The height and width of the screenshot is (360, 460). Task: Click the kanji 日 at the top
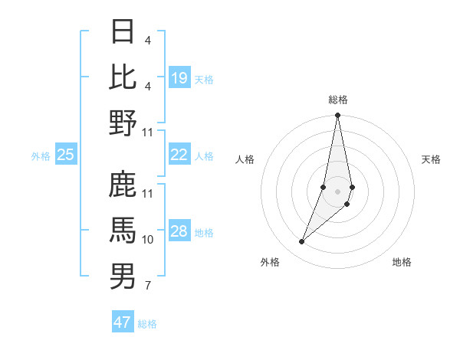(123, 33)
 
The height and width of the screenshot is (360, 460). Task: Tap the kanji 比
(123, 77)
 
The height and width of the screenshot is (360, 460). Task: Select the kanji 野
(123, 123)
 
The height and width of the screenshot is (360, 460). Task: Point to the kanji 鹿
(123, 185)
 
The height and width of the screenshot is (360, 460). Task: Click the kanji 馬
(123, 231)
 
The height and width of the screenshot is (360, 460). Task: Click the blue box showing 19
(179, 77)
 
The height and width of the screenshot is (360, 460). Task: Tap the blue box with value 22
(179, 155)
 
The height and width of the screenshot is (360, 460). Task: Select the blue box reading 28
(179, 231)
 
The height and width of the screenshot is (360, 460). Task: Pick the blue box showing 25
(66, 155)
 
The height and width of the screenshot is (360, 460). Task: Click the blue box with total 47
(123, 322)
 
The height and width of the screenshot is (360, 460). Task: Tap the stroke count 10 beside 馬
(148, 240)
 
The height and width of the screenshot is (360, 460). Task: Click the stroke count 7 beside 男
(148, 286)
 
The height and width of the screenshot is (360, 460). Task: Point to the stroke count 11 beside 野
(148, 133)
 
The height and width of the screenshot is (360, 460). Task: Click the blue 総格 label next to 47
(147, 324)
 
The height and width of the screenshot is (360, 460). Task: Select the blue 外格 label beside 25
(41, 156)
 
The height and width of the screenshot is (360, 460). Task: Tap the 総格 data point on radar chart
(337, 116)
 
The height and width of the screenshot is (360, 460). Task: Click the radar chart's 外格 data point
(302, 242)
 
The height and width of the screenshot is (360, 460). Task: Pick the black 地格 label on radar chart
(402, 263)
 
